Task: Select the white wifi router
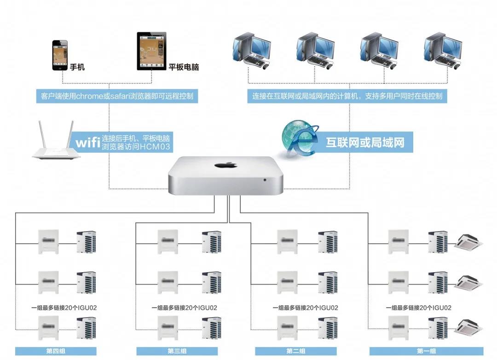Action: [54, 141]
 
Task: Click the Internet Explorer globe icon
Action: [299, 138]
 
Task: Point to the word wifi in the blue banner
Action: [88, 142]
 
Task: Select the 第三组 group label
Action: [177, 351]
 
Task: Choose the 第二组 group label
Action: [296, 351]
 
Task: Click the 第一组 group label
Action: [426, 351]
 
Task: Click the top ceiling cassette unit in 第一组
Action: [468, 242]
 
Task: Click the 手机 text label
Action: [77, 67]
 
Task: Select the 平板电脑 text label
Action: [184, 67]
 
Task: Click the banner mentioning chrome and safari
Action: [117, 97]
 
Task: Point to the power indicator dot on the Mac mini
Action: [265, 180]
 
